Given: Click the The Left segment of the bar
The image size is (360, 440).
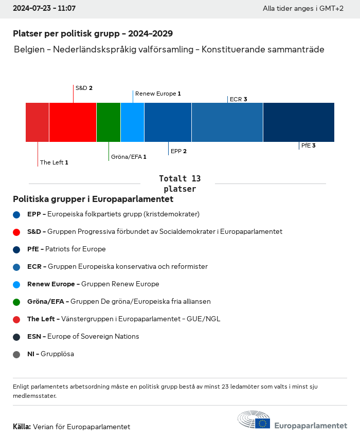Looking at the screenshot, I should point(38,122).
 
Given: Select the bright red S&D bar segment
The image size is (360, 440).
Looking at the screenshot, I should point(73,122).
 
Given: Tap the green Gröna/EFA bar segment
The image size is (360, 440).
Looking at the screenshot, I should point(109,122).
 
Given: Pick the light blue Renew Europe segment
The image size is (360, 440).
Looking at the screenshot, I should point(132,122).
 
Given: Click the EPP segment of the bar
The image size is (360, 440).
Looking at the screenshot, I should point(168,122).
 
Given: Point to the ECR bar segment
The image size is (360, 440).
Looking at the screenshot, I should point(227,122).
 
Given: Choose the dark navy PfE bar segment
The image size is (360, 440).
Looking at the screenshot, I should point(298,122).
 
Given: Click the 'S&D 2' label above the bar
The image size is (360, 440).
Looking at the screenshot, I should point(84,88).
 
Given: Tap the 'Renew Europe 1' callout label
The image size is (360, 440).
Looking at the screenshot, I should point(158,94).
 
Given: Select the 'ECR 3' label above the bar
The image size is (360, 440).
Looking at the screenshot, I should point(238,99).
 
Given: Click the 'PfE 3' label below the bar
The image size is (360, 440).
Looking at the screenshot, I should point(308,145).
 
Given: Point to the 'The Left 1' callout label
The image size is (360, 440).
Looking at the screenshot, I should point(54,162).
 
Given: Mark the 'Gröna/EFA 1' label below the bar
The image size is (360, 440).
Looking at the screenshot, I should point(129,157).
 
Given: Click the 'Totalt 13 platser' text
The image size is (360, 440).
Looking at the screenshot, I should point(179,184).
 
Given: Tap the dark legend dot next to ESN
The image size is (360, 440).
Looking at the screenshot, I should point(16,337).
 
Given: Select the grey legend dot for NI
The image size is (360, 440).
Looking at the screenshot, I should point(16,354).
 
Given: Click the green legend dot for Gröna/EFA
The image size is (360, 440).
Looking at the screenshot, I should point(16,302).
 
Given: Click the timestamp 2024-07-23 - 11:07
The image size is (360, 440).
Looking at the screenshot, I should point(44,8).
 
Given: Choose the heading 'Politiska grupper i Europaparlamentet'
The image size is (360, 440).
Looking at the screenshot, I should point(93,199).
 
